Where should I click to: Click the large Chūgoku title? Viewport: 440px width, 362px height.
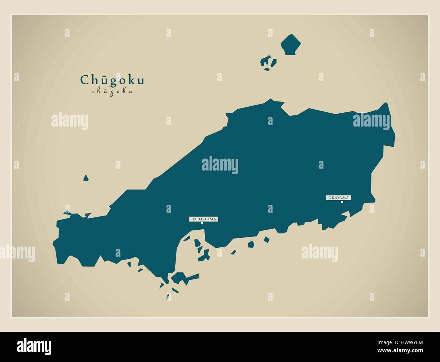tap(112, 80)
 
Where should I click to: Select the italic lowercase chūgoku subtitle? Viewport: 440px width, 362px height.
tap(112, 91)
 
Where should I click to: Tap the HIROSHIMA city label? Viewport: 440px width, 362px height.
tap(203, 219)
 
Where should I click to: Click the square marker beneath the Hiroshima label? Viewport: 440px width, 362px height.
tap(202, 223)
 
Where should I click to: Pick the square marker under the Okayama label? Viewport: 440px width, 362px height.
tap(342, 202)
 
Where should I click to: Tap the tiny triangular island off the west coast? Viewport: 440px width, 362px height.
tap(86, 178)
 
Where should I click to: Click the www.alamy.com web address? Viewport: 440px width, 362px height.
tap(403, 351)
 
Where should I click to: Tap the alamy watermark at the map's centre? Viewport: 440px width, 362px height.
tap(220, 165)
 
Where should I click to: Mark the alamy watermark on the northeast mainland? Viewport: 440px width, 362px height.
tap(371, 120)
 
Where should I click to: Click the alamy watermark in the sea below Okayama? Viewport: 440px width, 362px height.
tap(320, 252)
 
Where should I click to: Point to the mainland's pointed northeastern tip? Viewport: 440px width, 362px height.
tap(386, 104)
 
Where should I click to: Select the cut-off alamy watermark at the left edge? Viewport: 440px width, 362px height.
tap(17, 252)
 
